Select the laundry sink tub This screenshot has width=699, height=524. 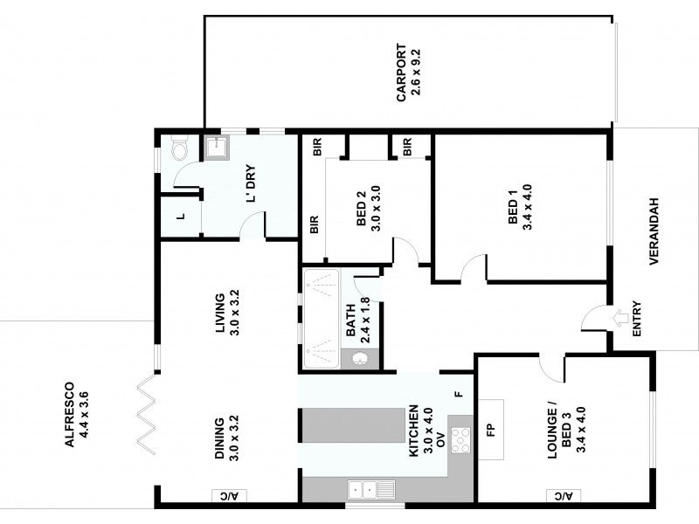pos(215,148)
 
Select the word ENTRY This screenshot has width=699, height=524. pos(636,320)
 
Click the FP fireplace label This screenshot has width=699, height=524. pos(490,431)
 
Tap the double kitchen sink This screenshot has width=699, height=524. pos(369,490)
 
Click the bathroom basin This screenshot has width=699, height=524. pos(361,359)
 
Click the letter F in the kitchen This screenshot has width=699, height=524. pos(458,394)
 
